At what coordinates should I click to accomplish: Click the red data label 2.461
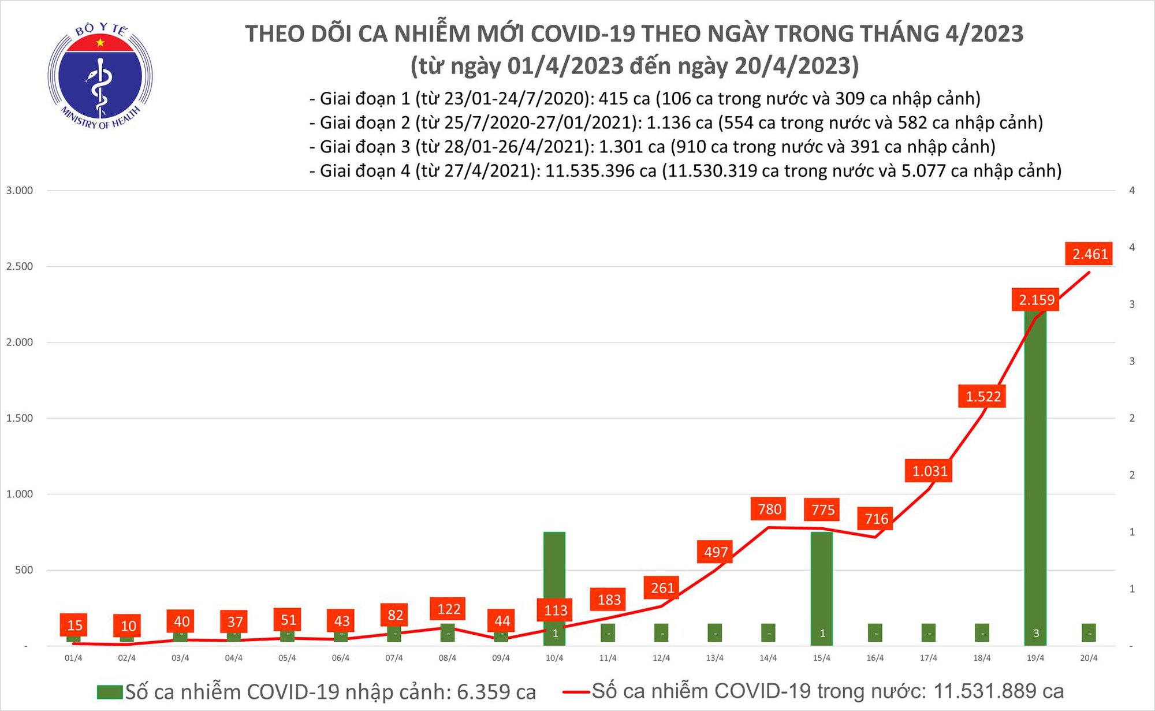click(1090, 254)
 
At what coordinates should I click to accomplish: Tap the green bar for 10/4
click(554, 578)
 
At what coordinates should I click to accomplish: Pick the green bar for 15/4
click(822, 578)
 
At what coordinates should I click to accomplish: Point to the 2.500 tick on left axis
click(20, 267)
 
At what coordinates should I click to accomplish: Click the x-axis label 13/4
click(715, 658)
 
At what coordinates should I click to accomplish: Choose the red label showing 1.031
click(929, 471)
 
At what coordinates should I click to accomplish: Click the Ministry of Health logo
click(100, 77)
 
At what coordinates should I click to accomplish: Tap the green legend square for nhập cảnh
click(110, 692)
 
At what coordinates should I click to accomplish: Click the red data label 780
click(769, 509)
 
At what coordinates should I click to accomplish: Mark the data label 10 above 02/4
click(128, 626)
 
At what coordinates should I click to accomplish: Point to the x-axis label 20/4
click(1089, 658)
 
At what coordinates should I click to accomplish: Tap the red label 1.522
click(983, 397)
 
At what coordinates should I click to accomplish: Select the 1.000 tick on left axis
click(20, 494)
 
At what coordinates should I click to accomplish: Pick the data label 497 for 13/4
click(716, 553)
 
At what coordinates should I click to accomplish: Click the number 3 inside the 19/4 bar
click(1036, 634)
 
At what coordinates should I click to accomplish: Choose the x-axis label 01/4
click(73, 658)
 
